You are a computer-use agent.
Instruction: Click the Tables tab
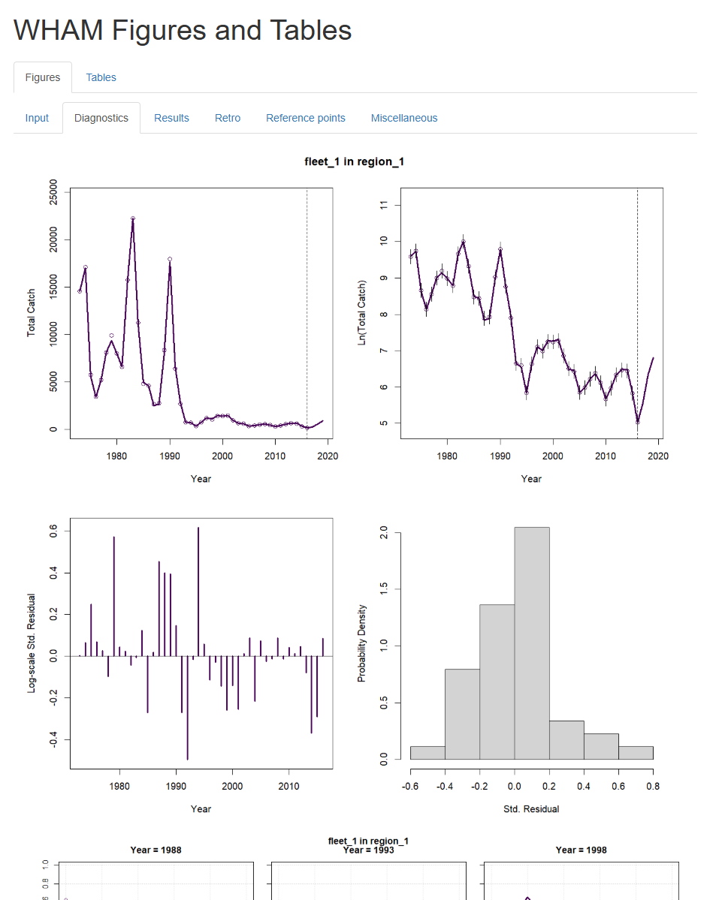[x=101, y=77]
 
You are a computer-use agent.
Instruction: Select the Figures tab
[x=43, y=77]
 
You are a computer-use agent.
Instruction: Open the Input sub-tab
[x=37, y=118]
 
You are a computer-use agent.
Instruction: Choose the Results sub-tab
[x=171, y=118]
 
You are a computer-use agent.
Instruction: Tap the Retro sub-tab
[x=228, y=118]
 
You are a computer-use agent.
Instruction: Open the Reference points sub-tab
[x=306, y=118]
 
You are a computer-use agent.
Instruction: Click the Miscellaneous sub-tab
[x=404, y=118]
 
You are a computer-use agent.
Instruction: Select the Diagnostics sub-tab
[x=101, y=118]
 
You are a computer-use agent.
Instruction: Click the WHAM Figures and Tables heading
[x=183, y=30]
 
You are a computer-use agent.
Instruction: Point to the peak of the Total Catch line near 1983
[x=133, y=218]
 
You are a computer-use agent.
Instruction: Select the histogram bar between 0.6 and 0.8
[x=636, y=752]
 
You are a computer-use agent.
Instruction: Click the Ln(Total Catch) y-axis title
[x=361, y=313]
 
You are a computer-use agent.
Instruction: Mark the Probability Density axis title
[x=361, y=643]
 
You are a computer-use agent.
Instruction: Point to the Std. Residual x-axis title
[x=531, y=808]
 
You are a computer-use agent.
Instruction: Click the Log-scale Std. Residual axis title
[x=32, y=643]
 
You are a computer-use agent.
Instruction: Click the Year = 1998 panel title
[x=581, y=850]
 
